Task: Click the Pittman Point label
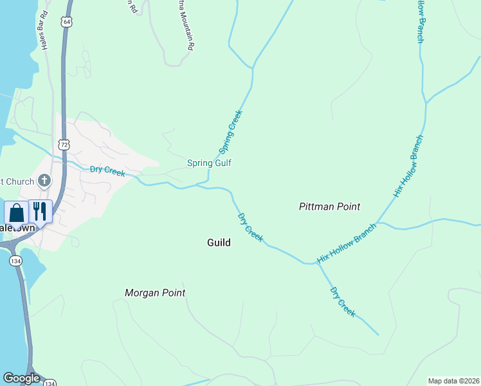pos(329,207)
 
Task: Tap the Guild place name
pos(219,243)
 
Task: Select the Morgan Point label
pos(155,293)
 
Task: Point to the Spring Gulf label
pos(209,163)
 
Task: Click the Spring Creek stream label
pos(230,132)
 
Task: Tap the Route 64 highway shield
pos(66,22)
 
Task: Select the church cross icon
pos(44,180)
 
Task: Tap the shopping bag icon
pos(17,212)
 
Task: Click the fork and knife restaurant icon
pos(40,211)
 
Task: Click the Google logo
pos(21,378)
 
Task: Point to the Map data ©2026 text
pos(453,381)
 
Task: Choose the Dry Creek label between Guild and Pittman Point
pos(251,228)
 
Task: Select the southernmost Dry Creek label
pos(343,302)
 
